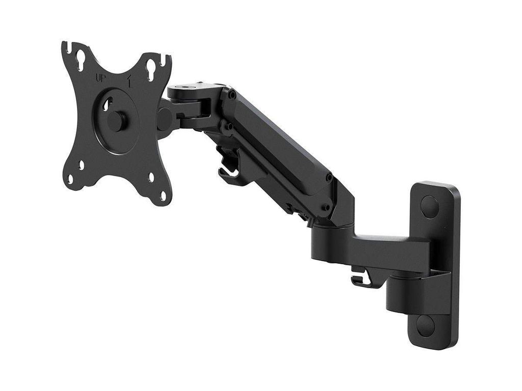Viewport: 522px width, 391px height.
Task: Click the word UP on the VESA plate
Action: (101, 78)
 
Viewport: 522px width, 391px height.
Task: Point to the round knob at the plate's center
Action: (117, 121)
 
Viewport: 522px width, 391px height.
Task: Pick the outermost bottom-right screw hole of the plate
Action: (163, 195)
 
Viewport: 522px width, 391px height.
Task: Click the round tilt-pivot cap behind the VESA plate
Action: (164, 119)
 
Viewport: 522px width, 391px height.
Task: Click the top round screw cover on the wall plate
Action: (429, 207)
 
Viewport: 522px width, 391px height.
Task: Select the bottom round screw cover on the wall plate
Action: (426, 325)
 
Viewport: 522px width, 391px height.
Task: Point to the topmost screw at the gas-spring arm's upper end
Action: (232, 95)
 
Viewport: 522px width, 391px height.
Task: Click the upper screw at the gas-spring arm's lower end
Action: (329, 178)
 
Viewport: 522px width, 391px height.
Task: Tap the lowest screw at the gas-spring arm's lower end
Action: (325, 207)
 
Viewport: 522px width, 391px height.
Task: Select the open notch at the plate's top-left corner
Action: (66, 47)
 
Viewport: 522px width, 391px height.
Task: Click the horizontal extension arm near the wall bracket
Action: (377, 248)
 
